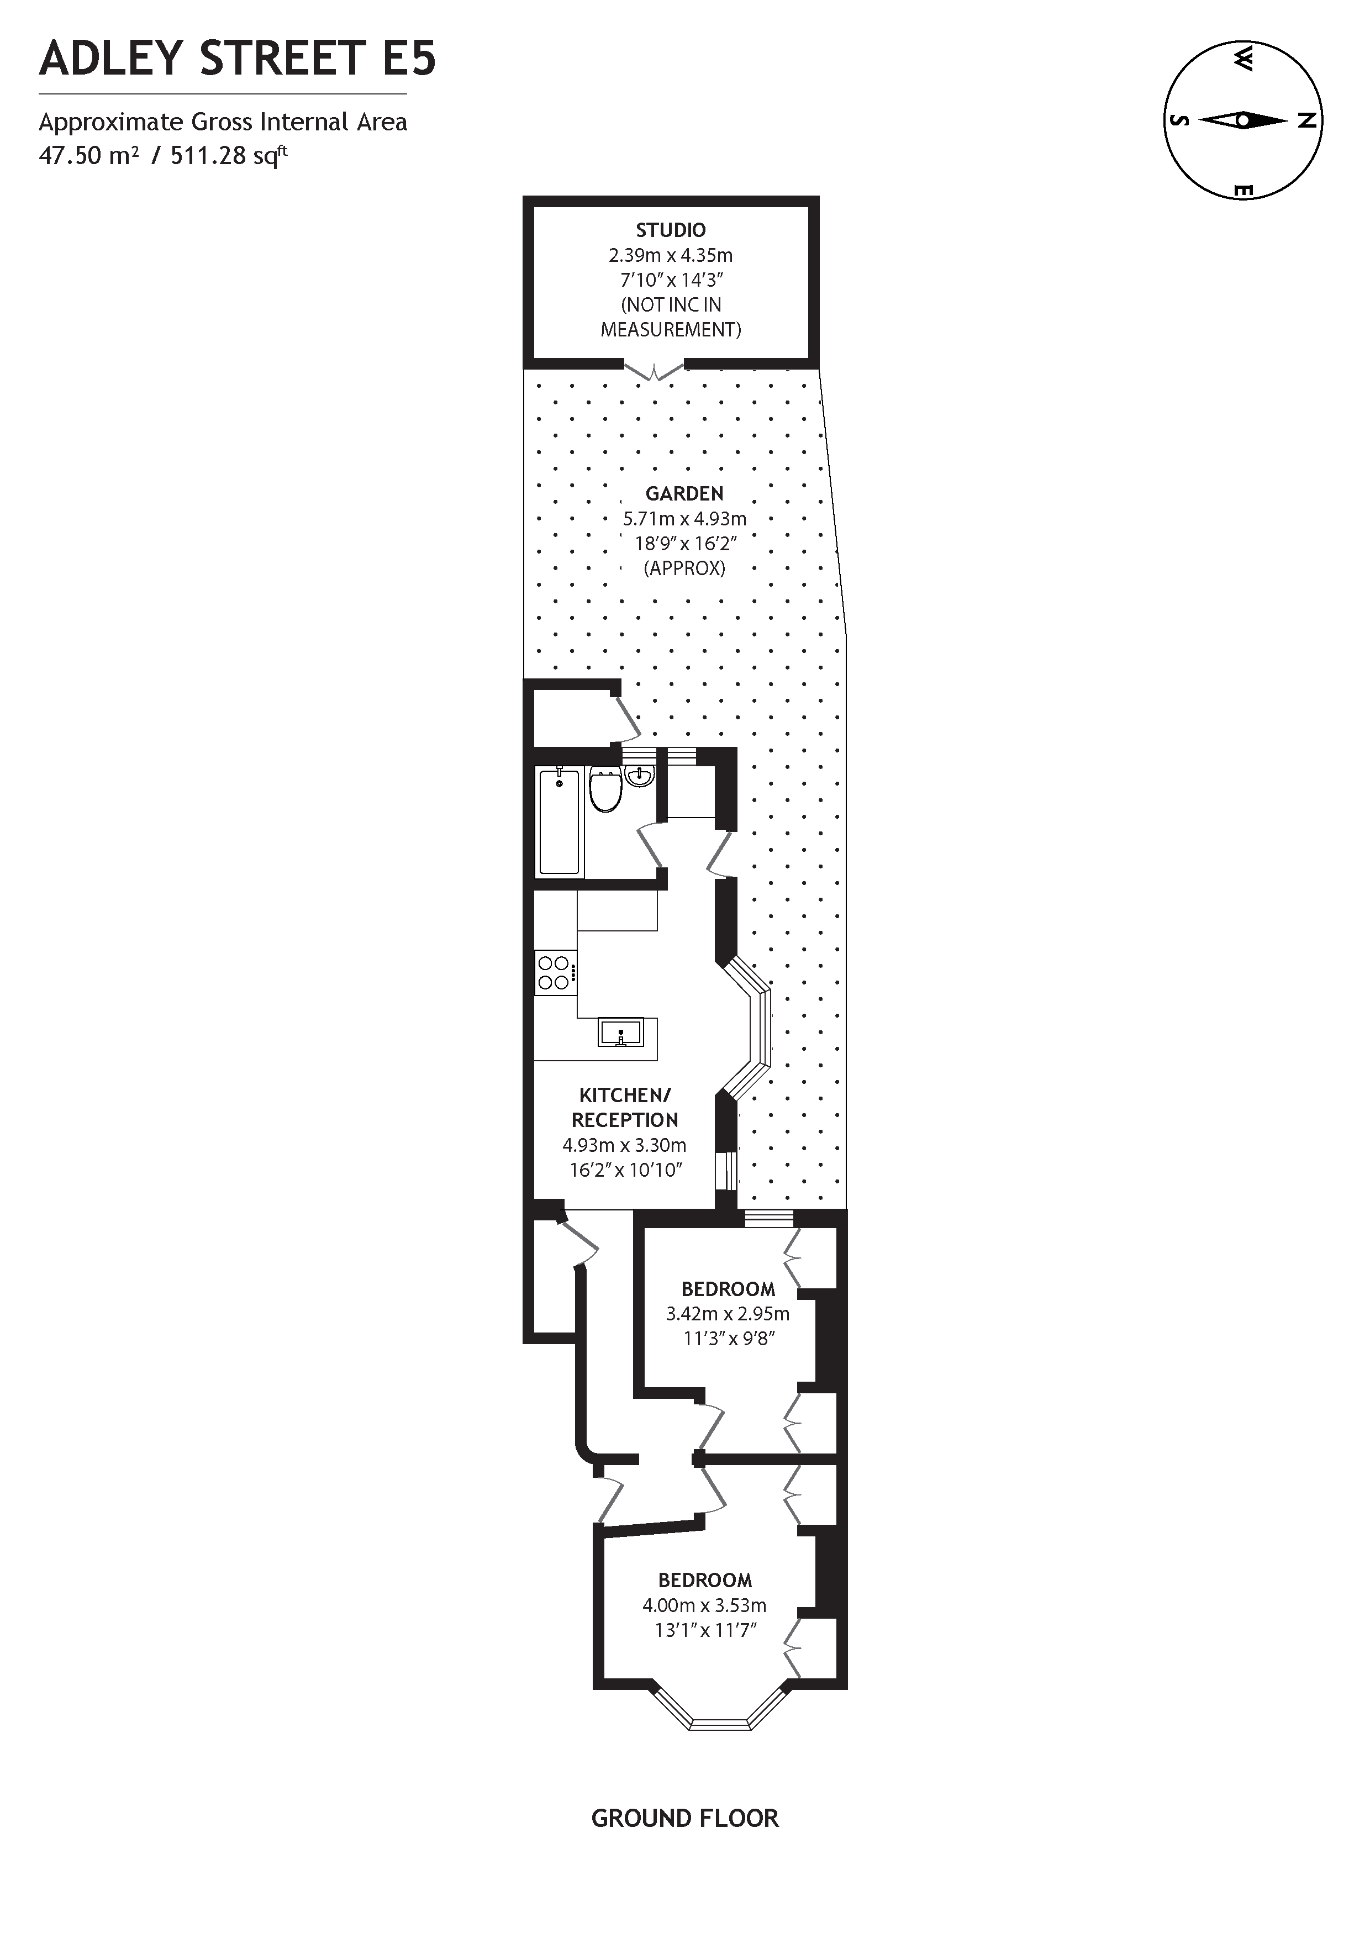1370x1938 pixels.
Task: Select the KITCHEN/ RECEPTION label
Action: [625, 1108]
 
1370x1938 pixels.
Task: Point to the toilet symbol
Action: [605, 790]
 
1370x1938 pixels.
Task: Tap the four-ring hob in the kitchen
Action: [555, 972]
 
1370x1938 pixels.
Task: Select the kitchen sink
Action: [620, 1033]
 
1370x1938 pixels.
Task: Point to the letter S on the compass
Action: [1179, 120]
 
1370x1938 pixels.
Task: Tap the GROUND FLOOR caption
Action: [684, 1818]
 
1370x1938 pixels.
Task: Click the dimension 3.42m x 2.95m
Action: [728, 1313]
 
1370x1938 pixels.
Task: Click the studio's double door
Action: [654, 371]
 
